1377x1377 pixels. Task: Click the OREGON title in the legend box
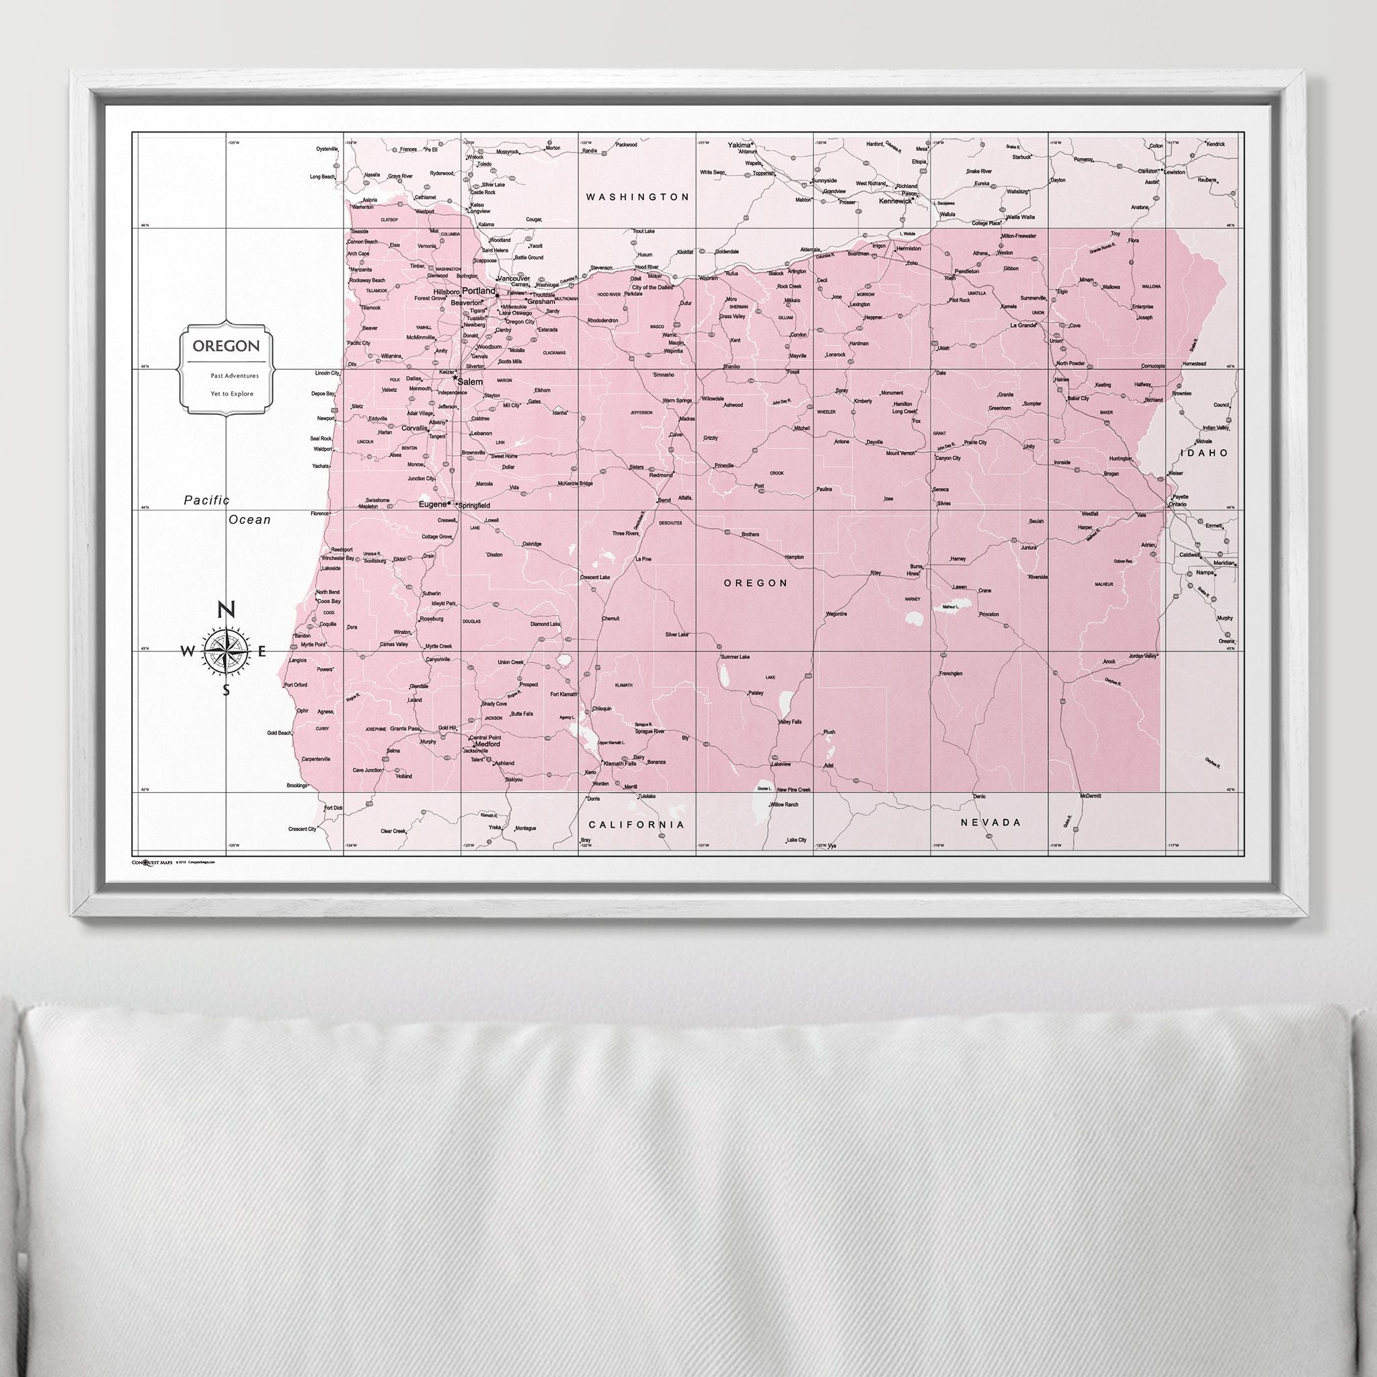click(226, 346)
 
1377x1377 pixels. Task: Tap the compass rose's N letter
click(226, 610)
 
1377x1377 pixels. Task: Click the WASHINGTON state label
click(637, 197)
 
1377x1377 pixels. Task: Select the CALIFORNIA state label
click(636, 824)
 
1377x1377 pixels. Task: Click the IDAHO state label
click(1204, 453)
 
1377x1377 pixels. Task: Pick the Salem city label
click(471, 382)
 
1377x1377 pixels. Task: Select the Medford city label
click(488, 744)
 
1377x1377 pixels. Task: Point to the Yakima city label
click(739, 145)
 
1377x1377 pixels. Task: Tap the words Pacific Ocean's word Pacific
click(206, 501)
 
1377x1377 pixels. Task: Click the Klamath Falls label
click(619, 763)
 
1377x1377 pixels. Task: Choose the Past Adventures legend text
click(235, 375)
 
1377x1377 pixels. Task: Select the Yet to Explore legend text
click(232, 393)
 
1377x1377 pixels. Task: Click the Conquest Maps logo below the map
click(152, 862)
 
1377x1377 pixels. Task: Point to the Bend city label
click(664, 500)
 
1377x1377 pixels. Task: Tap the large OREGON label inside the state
click(756, 583)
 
